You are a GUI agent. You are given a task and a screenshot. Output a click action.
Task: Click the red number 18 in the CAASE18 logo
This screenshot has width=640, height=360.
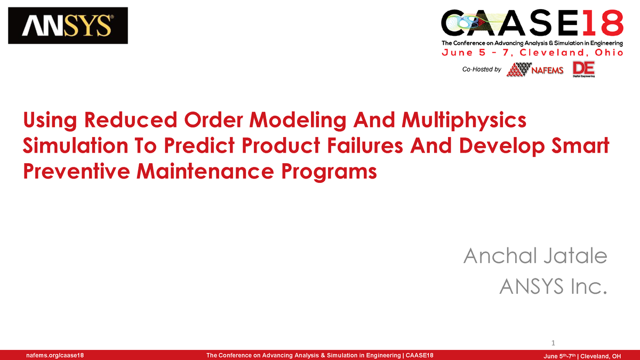click(x=601, y=25)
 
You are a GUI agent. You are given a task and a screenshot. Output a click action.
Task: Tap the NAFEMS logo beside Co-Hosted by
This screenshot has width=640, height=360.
click(x=535, y=69)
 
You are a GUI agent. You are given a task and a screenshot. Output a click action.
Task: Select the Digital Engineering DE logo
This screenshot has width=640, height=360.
click(x=583, y=69)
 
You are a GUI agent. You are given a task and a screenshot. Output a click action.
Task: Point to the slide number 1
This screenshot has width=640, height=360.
click(x=554, y=342)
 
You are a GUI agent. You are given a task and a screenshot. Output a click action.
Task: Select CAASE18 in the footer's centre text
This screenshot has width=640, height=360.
click(x=420, y=356)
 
